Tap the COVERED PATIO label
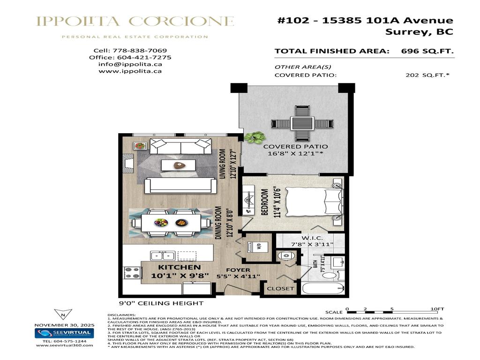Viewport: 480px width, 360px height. tap(295, 146)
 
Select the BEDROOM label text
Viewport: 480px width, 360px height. tap(264, 202)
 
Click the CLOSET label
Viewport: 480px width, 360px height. tap(280, 289)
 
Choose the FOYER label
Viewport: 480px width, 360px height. tap(238, 270)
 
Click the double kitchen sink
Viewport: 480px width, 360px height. tap(162, 255)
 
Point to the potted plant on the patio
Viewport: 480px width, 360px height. tap(255, 137)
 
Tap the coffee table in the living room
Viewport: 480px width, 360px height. tap(178, 165)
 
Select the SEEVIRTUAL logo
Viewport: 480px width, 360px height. tap(65, 333)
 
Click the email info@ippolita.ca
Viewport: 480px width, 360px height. tap(130, 64)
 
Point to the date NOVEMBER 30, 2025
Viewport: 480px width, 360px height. tap(64, 325)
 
